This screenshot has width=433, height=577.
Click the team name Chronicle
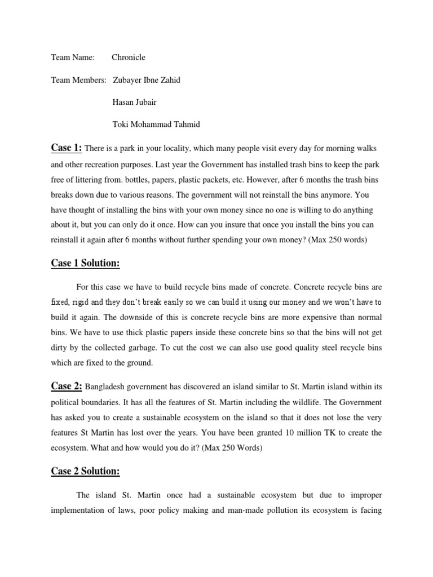click(128, 57)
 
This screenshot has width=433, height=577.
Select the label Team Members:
click(78, 79)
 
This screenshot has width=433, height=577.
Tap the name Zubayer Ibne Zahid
click(147, 79)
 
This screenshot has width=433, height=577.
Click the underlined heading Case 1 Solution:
click(86, 263)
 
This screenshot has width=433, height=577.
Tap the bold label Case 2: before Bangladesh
click(67, 386)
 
